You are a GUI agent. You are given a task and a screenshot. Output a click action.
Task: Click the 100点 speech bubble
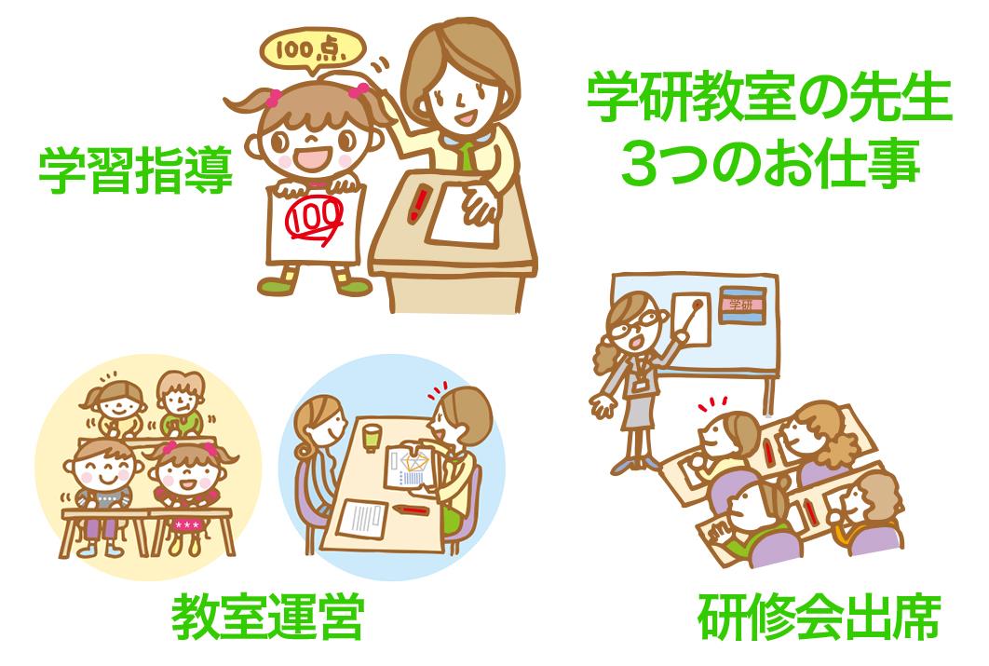[312, 49]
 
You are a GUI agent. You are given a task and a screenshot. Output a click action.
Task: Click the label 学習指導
[136, 170]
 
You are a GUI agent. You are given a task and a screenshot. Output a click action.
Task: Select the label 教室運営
[268, 617]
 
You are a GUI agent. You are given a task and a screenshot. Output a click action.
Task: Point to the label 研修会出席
[819, 617]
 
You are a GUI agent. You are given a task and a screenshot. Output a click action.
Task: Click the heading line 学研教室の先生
[769, 99]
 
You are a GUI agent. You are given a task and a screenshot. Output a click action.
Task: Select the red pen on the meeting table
[411, 509]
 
